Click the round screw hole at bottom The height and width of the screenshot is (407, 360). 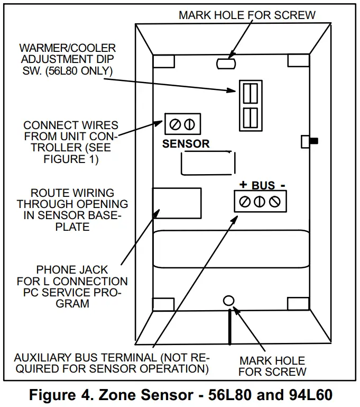[228, 300]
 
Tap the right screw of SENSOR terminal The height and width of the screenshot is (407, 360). [189, 125]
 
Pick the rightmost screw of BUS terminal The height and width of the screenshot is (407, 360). [274, 202]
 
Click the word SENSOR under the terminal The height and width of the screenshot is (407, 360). [186, 143]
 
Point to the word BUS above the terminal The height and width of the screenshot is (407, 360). [263, 185]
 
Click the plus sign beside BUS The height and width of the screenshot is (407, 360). [243, 185]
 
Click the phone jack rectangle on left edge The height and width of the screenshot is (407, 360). [176, 204]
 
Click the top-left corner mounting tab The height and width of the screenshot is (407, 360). [163, 61]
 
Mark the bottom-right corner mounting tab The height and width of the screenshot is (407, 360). [298, 304]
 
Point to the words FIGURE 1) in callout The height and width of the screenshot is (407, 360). [71, 159]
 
